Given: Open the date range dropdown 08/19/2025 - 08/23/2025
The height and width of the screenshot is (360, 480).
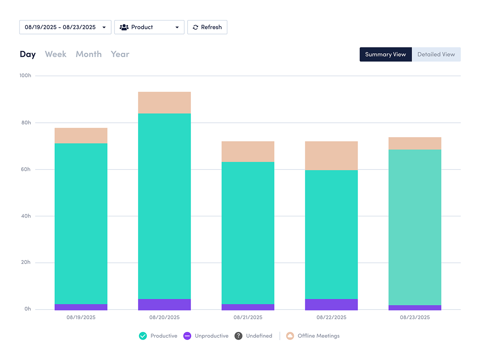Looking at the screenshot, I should point(65,27).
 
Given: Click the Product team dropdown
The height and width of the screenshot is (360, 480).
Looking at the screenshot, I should point(149,27).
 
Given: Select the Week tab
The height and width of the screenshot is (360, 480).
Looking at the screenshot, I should point(56,54).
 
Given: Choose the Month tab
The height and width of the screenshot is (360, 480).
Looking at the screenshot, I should point(88,54).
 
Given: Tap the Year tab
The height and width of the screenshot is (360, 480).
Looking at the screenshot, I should point(120,54).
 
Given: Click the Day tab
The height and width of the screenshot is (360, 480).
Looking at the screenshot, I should point(28,54).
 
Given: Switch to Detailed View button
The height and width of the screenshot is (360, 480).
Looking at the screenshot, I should point(436,54).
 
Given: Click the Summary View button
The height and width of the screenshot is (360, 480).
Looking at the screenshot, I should point(386,54).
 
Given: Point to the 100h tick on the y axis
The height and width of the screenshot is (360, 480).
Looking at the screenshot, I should point(25,76).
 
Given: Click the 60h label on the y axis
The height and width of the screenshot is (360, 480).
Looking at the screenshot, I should point(26,169).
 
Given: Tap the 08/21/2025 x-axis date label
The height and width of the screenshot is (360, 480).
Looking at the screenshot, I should point(248,317).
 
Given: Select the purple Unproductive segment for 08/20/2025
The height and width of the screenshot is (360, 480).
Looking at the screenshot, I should point(164,304).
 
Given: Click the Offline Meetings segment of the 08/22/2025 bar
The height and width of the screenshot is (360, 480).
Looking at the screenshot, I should point(331,156).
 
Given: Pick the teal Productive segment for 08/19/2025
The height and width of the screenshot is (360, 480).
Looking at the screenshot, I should point(81,224).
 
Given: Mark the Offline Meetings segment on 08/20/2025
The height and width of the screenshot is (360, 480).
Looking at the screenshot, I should point(164,103).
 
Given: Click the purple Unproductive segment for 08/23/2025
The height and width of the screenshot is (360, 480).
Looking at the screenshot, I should point(415,307).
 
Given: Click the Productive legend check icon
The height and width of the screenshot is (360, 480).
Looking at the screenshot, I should point(143,336).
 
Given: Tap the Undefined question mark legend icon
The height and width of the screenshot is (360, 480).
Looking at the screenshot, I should point(238,336).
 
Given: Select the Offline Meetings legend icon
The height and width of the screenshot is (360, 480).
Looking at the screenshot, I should point(290,336).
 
